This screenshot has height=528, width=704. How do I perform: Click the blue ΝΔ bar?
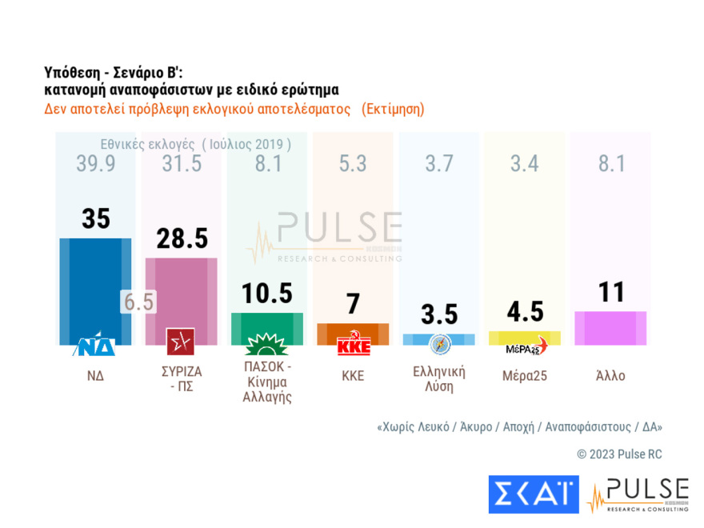tap(95, 288)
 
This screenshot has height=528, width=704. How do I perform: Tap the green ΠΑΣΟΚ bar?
tap(266, 323)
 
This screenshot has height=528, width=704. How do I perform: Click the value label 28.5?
tap(181, 238)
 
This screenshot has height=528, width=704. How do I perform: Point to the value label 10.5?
tap(266, 293)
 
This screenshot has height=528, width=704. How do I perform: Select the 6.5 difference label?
tap(138, 302)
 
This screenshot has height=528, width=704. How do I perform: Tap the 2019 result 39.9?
tap(96, 164)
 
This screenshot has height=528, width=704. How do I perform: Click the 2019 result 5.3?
tap(352, 164)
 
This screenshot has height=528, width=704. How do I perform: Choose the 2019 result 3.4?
tap(524, 164)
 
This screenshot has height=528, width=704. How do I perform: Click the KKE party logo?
tap(353, 346)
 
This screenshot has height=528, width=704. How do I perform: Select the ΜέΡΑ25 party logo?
tap(526, 346)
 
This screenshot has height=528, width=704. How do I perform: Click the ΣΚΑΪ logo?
tap(534, 494)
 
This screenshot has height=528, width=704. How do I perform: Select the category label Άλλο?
tap(611, 375)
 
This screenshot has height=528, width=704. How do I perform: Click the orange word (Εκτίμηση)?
tap(393, 109)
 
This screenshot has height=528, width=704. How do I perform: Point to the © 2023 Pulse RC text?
tap(619, 454)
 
